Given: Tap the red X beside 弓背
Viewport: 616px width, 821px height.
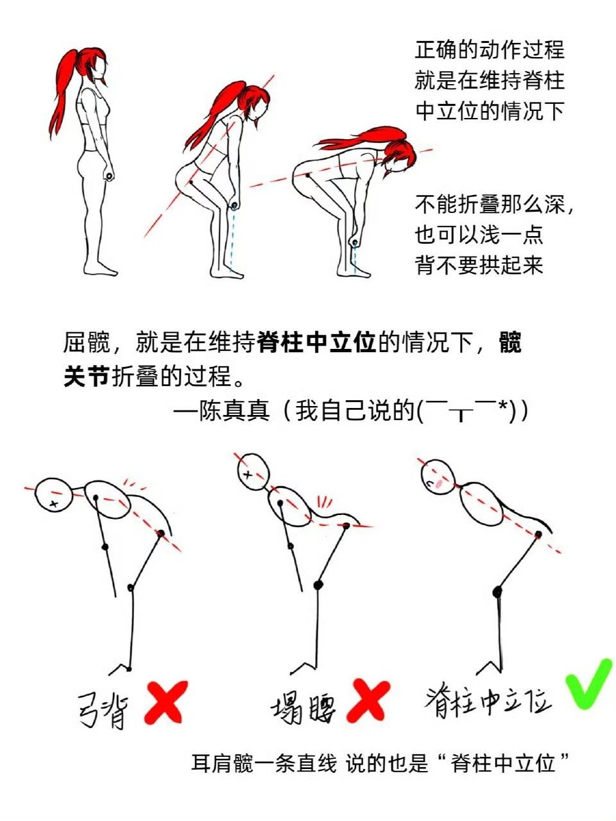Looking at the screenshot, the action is (166, 703).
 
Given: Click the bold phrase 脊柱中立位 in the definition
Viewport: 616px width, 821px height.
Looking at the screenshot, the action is (316, 342).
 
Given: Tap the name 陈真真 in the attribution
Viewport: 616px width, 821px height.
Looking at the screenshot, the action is (234, 410).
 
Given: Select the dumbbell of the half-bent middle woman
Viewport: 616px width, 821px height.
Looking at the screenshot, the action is (234, 205).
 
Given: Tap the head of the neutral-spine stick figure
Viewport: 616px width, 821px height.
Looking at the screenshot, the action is (438, 478).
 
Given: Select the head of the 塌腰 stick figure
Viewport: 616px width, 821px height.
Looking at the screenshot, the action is (253, 471).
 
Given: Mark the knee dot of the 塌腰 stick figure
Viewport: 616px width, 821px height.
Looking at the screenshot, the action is (318, 585).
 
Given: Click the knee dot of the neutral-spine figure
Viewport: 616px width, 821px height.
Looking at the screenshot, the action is (497, 592).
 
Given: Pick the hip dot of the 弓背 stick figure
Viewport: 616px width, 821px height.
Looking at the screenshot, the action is (161, 533).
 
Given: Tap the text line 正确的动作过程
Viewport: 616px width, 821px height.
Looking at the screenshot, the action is (489, 49).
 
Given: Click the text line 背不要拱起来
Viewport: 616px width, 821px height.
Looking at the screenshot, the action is (479, 265).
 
